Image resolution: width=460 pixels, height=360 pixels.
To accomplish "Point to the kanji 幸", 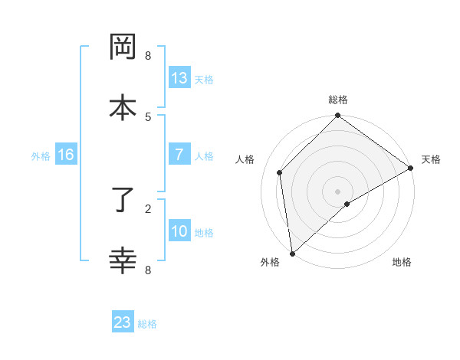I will point(123,261).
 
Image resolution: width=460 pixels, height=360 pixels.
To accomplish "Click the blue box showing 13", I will point(179,78).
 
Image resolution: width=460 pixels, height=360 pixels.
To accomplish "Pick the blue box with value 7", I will point(179,155).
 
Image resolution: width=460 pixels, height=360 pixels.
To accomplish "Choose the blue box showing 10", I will point(179,231).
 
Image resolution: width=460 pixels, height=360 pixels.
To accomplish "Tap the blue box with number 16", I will point(66,155).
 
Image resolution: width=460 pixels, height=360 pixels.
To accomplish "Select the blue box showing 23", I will point(123,322).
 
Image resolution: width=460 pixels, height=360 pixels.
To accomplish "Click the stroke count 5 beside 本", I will point(148,116).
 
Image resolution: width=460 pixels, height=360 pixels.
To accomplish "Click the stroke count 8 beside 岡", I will point(148,56).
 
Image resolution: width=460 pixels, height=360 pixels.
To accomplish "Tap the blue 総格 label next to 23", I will point(147,324).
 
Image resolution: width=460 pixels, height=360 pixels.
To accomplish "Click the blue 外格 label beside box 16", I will point(41,155).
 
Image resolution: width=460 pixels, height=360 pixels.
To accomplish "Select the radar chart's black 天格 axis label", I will point(431,159).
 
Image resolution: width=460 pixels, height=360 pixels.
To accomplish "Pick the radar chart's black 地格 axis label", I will point(402,262).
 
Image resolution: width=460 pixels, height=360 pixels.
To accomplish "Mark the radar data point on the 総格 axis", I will point(337,116).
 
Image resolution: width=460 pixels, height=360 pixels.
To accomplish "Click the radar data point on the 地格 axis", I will point(347,204).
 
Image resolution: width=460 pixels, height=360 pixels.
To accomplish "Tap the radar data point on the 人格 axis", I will point(280,172).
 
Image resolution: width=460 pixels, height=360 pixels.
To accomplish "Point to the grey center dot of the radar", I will point(337,191).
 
